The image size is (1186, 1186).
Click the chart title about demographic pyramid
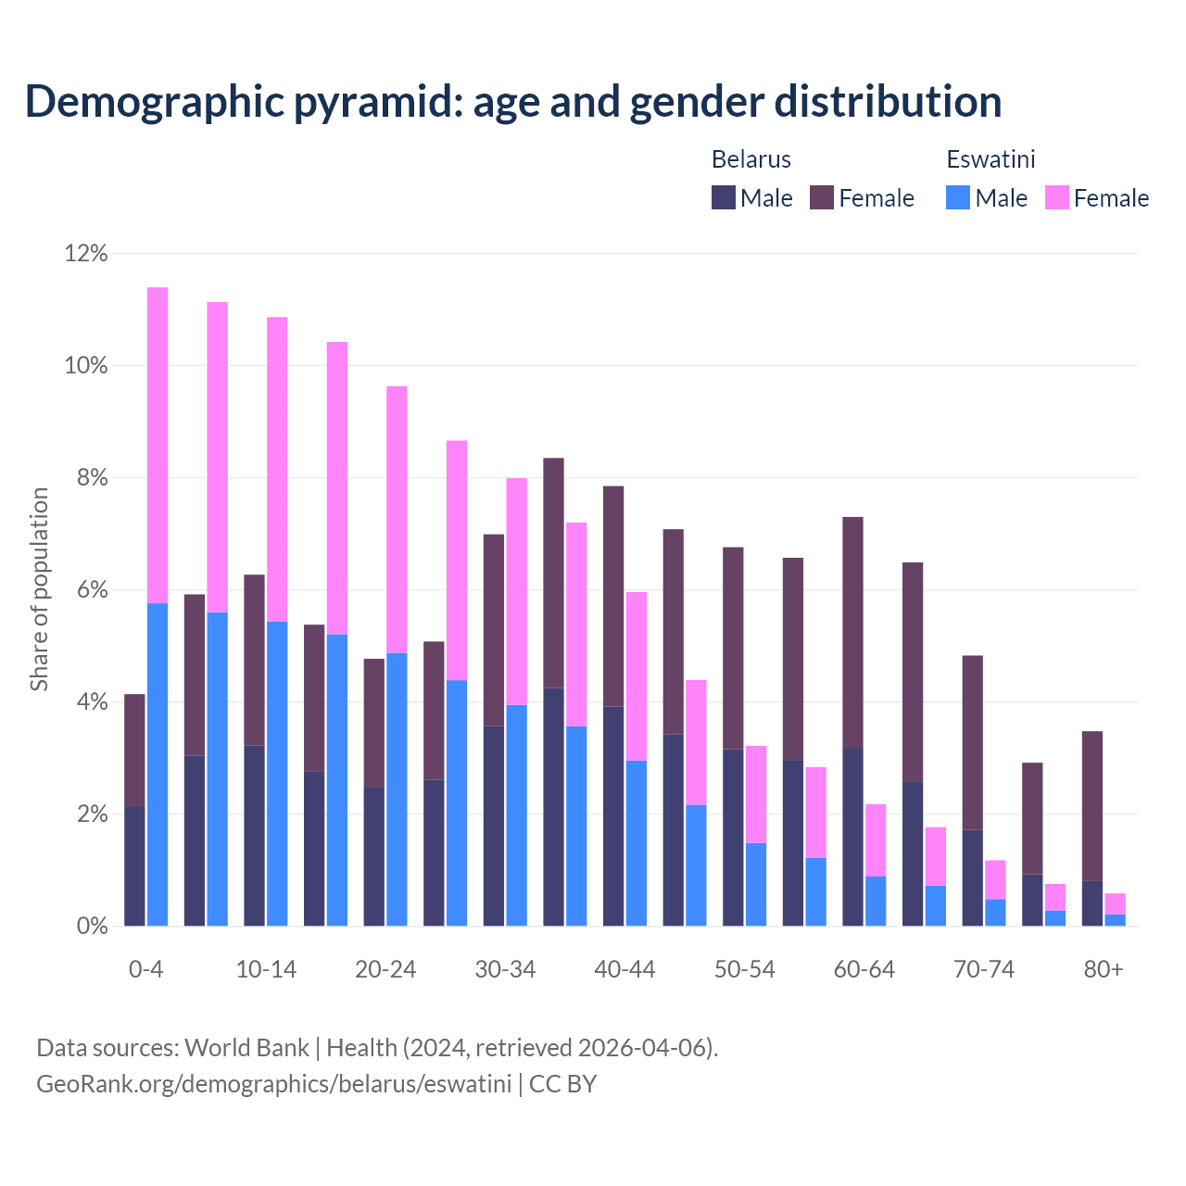(x=513, y=102)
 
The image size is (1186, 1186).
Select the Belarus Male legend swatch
(x=723, y=197)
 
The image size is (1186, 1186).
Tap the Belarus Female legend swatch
(x=821, y=197)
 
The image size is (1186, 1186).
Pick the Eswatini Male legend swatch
(x=958, y=197)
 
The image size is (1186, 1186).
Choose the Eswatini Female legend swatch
(x=1056, y=197)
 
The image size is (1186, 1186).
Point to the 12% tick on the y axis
(x=86, y=253)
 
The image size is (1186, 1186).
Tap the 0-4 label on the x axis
(x=146, y=970)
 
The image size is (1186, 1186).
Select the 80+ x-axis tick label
(x=1104, y=970)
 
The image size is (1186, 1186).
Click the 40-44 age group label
(x=625, y=970)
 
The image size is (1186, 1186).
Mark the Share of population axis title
(x=39, y=589)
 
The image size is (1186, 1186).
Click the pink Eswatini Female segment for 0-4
(x=158, y=445)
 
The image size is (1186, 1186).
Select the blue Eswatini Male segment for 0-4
(x=158, y=764)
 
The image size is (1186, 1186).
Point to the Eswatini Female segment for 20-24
(x=397, y=519)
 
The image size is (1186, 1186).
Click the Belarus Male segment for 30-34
(x=494, y=825)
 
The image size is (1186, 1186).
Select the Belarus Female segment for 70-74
(x=973, y=741)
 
